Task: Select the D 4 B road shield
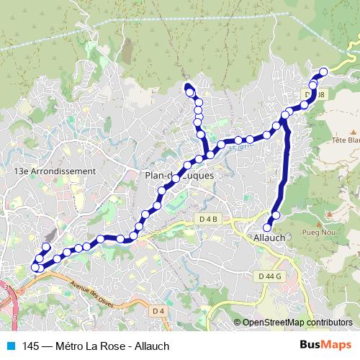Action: (209, 218)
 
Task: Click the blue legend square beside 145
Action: (11, 346)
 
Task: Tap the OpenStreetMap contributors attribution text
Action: (297, 323)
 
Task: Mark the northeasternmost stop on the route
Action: (323, 71)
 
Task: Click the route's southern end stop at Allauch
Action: (268, 228)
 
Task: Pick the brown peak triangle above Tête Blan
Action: (354, 131)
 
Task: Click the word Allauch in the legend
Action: (150, 346)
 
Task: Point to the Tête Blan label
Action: (346, 140)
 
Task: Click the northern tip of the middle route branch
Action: (189, 87)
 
